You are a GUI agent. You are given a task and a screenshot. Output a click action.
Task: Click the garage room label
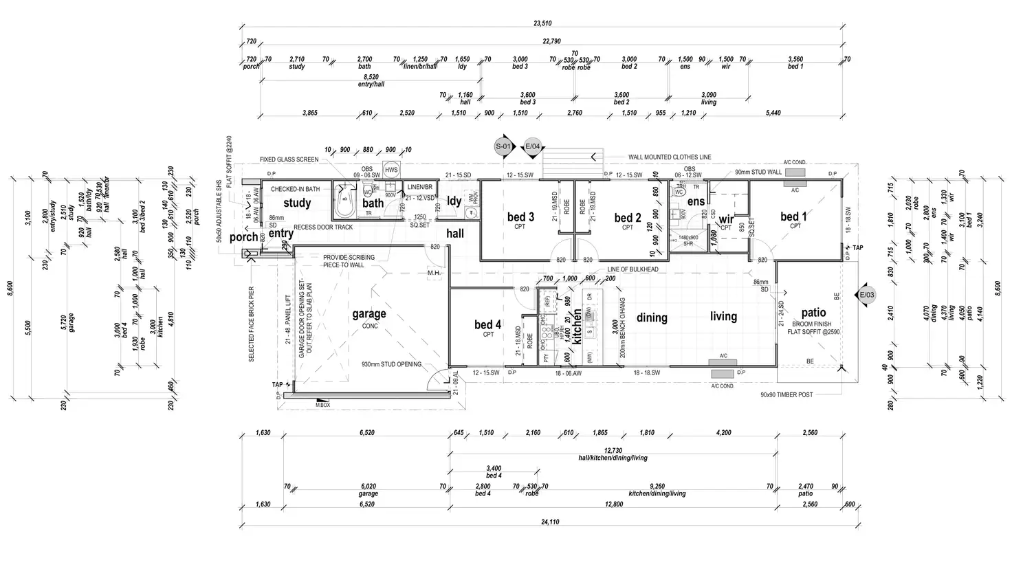click(x=369, y=314)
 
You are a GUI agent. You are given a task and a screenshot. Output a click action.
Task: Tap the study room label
click(x=297, y=203)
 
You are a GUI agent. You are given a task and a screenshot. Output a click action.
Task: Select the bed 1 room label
click(x=794, y=217)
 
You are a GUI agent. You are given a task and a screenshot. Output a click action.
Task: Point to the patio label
click(x=813, y=313)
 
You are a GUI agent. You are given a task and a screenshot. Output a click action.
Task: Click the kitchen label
click(x=577, y=326)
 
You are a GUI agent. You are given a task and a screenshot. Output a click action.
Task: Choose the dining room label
click(x=652, y=317)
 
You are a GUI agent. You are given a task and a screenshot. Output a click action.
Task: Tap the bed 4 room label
click(x=488, y=324)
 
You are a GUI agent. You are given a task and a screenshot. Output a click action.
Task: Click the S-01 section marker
click(x=504, y=146)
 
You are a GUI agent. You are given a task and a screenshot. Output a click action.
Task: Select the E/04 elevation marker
click(x=533, y=146)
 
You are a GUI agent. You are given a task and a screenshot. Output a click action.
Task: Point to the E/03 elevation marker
click(x=868, y=295)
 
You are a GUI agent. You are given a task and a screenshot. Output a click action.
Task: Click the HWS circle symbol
click(x=391, y=170)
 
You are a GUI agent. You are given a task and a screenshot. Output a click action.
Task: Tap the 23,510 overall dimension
click(x=542, y=23)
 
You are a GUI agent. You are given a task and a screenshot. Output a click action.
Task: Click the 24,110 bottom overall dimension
click(x=549, y=522)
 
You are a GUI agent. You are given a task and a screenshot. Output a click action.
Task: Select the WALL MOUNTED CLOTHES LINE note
click(x=670, y=157)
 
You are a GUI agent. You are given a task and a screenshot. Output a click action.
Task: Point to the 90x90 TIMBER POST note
click(x=786, y=395)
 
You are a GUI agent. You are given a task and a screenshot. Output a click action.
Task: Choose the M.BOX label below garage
click(x=322, y=405)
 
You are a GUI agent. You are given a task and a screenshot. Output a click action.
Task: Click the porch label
click(x=243, y=237)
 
